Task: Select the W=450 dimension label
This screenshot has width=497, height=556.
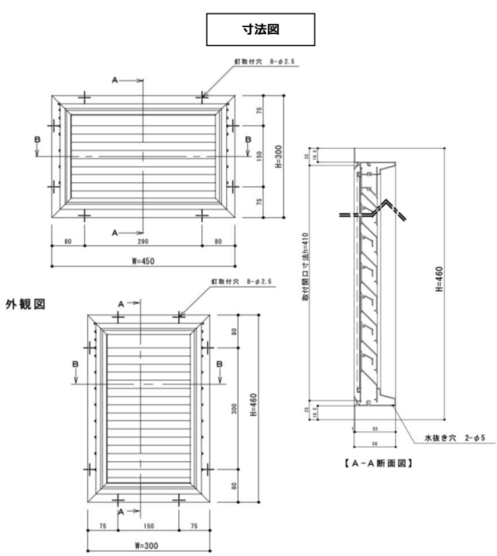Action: click(x=143, y=262)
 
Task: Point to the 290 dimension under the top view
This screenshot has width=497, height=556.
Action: click(x=143, y=240)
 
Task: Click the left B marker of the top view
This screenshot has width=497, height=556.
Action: click(x=36, y=139)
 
